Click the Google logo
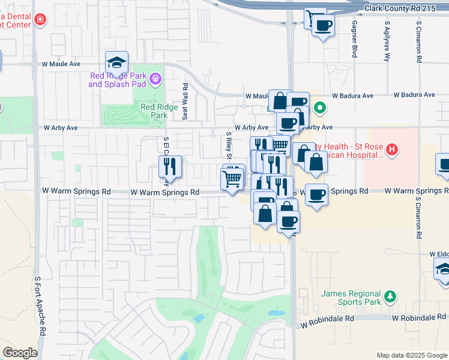(x=20, y=353)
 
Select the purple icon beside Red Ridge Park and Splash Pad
(x=155, y=78)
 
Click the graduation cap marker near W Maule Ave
(x=116, y=62)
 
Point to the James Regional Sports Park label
(x=352, y=298)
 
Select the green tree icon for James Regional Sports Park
(x=391, y=296)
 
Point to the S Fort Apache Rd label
(x=40, y=306)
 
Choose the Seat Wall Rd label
(x=185, y=102)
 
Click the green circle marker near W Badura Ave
(x=321, y=109)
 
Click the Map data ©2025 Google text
(x=411, y=355)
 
